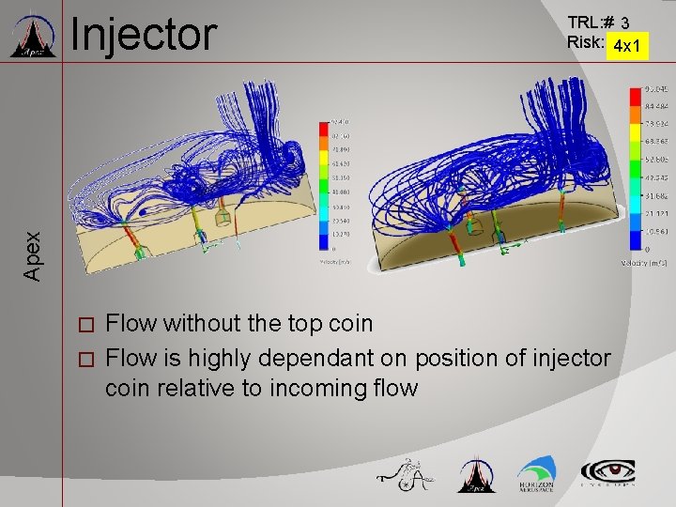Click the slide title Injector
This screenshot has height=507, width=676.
tap(144, 35)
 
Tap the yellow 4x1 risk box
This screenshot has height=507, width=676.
tap(625, 45)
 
